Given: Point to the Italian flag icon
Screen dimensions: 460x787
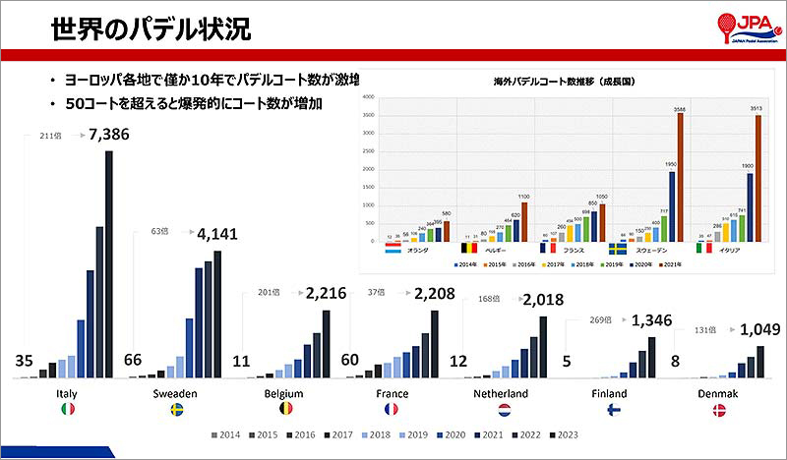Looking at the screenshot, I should (x=68, y=410).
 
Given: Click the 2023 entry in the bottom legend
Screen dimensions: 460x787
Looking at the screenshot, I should (x=564, y=433).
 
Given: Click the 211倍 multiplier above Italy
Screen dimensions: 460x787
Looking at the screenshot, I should (x=51, y=137).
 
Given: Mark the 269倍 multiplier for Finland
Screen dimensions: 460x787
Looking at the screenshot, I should (x=600, y=320).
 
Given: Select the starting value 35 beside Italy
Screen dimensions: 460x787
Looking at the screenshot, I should (x=27, y=360).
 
